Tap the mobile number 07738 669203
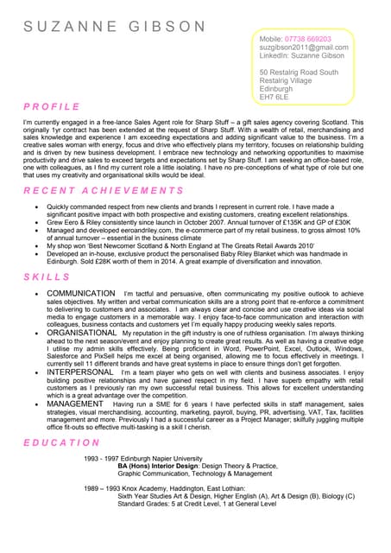(308, 40)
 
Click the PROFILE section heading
(52, 107)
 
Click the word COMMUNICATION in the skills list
(80, 295)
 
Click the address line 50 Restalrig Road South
(299, 73)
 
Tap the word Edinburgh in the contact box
(276, 89)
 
